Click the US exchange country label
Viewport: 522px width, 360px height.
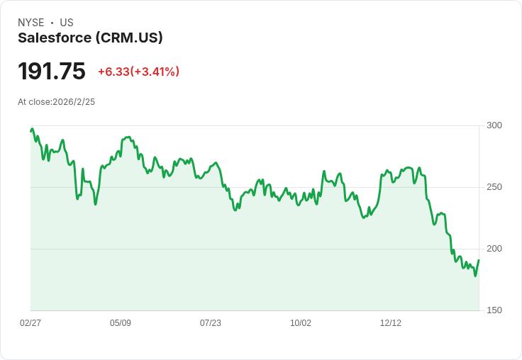[67, 23]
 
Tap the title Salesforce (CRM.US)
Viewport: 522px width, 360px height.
[90, 38]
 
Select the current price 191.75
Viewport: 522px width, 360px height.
[52, 72]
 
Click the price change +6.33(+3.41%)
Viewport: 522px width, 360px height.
[138, 72]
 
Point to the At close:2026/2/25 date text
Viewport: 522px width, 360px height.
[56, 102]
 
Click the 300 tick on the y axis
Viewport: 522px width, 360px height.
[494, 125]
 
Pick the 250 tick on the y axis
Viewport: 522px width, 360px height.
[494, 187]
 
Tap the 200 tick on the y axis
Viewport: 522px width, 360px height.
[494, 249]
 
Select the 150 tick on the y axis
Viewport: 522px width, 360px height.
[494, 310]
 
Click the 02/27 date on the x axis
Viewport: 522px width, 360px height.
[30, 323]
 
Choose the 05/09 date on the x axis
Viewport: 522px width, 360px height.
[121, 323]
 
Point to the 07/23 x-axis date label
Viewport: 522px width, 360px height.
[211, 323]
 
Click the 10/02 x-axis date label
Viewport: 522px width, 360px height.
[301, 323]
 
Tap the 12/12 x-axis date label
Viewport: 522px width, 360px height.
[391, 323]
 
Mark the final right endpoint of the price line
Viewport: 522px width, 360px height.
[479, 260]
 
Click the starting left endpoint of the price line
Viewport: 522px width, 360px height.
[30, 130]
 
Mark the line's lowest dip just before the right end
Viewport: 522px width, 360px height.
[475, 275]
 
